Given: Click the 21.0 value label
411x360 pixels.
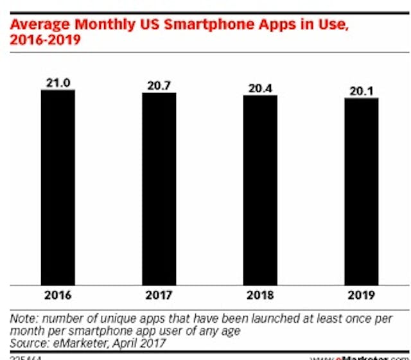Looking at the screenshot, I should click(58, 82).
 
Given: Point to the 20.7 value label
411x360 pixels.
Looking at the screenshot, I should click(159, 85).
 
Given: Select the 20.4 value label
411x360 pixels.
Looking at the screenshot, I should click(259, 88).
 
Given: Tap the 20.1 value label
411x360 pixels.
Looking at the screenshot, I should click(361, 90).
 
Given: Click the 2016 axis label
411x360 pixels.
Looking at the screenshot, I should click(58, 296).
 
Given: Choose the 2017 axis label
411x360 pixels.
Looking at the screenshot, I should click(159, 296).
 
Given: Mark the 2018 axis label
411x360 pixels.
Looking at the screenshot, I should click(259, 296).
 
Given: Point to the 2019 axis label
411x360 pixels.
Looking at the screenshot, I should click(361, 296).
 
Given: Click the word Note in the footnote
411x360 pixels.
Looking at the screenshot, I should click(23, 318).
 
